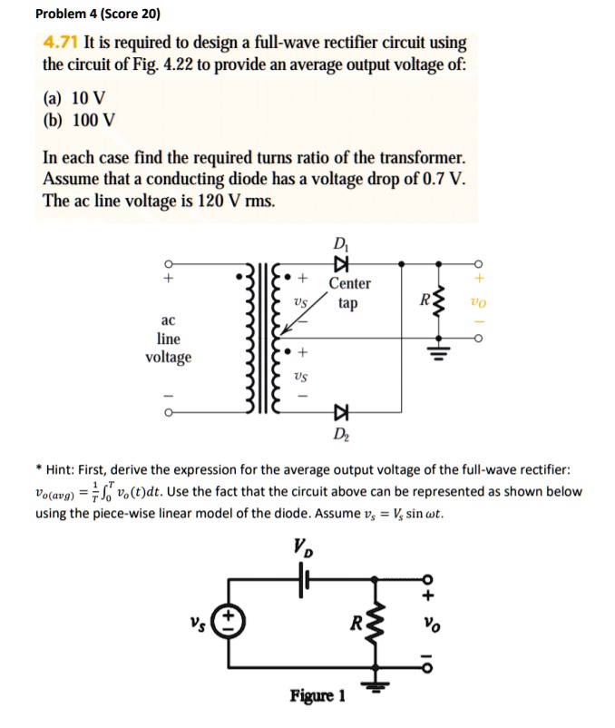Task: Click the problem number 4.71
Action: (x=62, y=43)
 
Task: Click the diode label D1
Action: (x=341, y=244)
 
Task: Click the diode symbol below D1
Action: (x=342, y=263)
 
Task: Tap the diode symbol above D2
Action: (x=342, y=412)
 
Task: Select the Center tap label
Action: (x=349, y=293)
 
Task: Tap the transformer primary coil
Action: (x=246, y=340)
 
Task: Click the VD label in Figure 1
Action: (x=302, y=547)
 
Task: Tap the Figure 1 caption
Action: (x=317, y=696)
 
